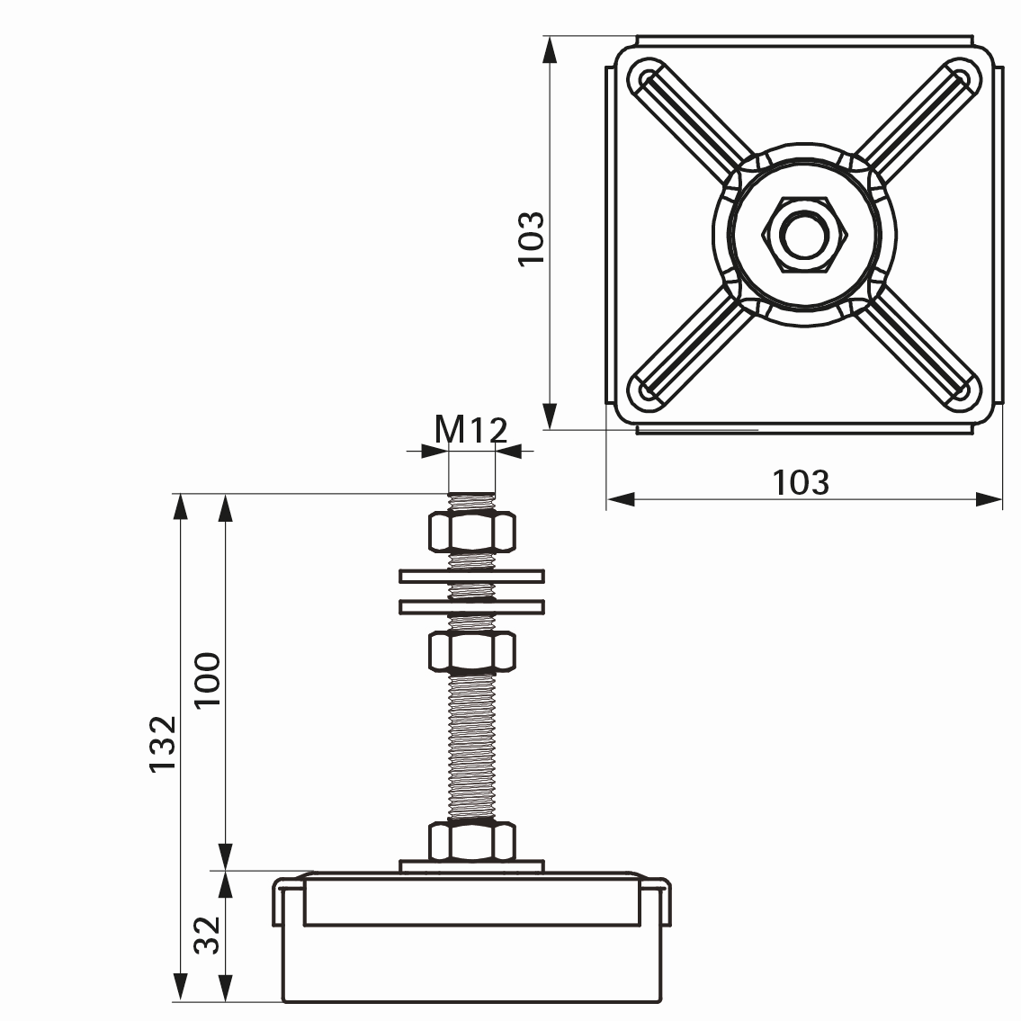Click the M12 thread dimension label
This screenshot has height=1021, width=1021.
point(471,430)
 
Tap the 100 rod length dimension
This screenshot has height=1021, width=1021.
point(208,679)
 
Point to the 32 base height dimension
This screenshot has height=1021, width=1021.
point(208,936)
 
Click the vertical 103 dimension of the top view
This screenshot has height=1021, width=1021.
point(531,237)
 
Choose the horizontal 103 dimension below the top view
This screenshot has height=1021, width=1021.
point(801,483)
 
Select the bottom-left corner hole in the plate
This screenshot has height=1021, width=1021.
point(645,392)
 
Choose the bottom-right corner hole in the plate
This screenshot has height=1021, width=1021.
point(963,392)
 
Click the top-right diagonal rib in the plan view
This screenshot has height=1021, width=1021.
point(909,121)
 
